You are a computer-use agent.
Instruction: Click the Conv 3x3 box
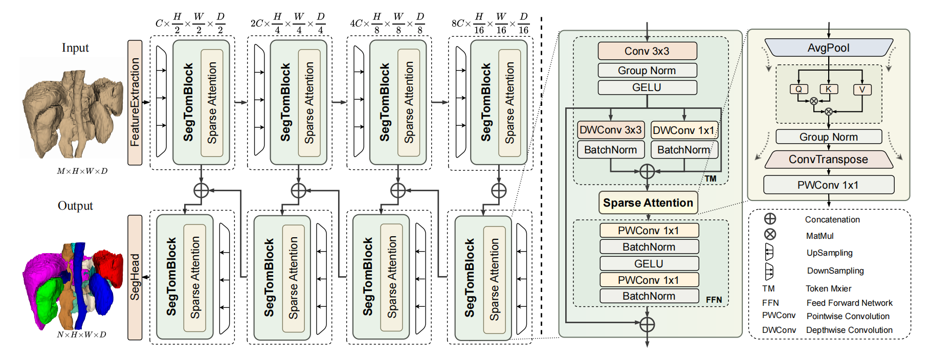647,51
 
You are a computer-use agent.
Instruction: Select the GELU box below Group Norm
647,87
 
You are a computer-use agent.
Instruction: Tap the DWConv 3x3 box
611,130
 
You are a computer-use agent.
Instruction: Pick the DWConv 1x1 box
684,130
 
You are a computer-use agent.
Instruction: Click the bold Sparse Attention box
648,203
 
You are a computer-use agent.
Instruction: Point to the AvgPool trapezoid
828,48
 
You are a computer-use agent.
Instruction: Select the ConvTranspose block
828,160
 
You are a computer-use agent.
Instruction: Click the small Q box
798,89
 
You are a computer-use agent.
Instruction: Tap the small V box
862,89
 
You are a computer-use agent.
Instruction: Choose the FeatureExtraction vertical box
135,102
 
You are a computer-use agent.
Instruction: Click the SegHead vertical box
135,277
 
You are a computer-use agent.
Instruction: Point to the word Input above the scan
75,48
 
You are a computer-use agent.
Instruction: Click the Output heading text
75,206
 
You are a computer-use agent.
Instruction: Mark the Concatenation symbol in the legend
770,219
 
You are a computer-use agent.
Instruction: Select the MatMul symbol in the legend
770,234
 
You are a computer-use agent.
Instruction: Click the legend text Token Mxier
828,288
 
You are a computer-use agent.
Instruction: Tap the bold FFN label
714,300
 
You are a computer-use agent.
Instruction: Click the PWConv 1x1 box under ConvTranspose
828,185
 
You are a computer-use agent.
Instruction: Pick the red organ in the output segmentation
108,266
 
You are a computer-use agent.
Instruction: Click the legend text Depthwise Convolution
849,330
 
